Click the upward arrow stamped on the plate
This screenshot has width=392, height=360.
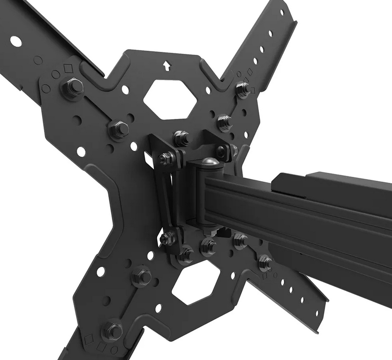tap(167, 65)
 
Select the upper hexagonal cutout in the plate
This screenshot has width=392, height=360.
tap(170, 97)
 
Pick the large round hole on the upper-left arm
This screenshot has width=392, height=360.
tap(16, 42)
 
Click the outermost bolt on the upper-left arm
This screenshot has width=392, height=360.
tap(72, 88)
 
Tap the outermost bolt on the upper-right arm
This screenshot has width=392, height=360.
tap(243, 89)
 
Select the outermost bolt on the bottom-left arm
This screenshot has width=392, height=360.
tap(113, 331)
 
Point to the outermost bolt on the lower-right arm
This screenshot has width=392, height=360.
tap(265, 263)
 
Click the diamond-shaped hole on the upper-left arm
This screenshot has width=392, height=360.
tap(69, 69)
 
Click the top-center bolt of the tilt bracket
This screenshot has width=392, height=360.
tap(181, 138)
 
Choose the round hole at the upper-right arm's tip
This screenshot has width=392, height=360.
tap(282, 12)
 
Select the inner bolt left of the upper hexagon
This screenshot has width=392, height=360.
tap(118, 129)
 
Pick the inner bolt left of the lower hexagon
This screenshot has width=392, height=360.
tap(142, 276)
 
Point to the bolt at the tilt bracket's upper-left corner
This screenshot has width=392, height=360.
tap(165, 158)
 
